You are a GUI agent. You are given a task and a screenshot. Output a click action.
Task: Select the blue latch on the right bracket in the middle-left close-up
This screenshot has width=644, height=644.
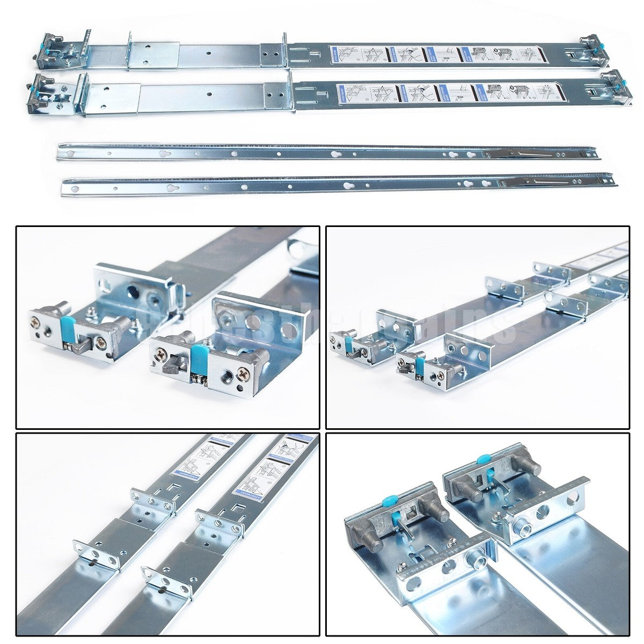coord(199,356)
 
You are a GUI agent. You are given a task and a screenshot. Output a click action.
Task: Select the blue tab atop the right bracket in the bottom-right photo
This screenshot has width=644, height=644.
coord(483,460)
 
